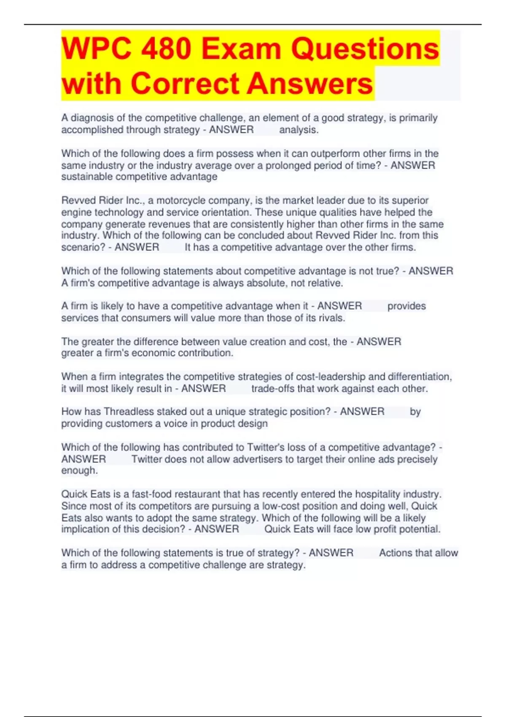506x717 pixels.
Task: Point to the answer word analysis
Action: coord(298,130)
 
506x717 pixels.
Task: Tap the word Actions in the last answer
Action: coord(396,553)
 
